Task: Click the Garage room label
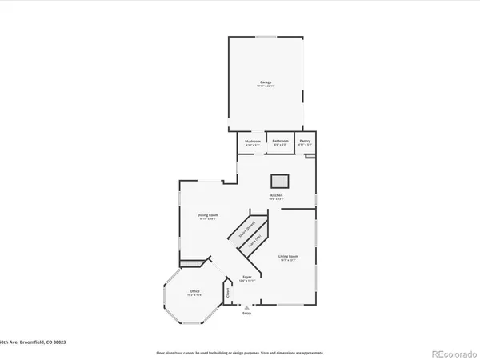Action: (265, 82)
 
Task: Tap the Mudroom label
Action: (253, 141)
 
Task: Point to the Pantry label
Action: (305, 141)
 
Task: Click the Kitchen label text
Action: (276, 195)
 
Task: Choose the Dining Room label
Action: (209, 214)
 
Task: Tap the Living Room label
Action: (287, 256)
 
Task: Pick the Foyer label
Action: (247, 277)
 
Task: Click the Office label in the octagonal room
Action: (194, 290)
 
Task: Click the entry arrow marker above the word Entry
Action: (247, 306)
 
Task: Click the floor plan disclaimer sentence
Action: (240, 352)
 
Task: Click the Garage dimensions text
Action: (265, 86)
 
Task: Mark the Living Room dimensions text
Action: (287, 260)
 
